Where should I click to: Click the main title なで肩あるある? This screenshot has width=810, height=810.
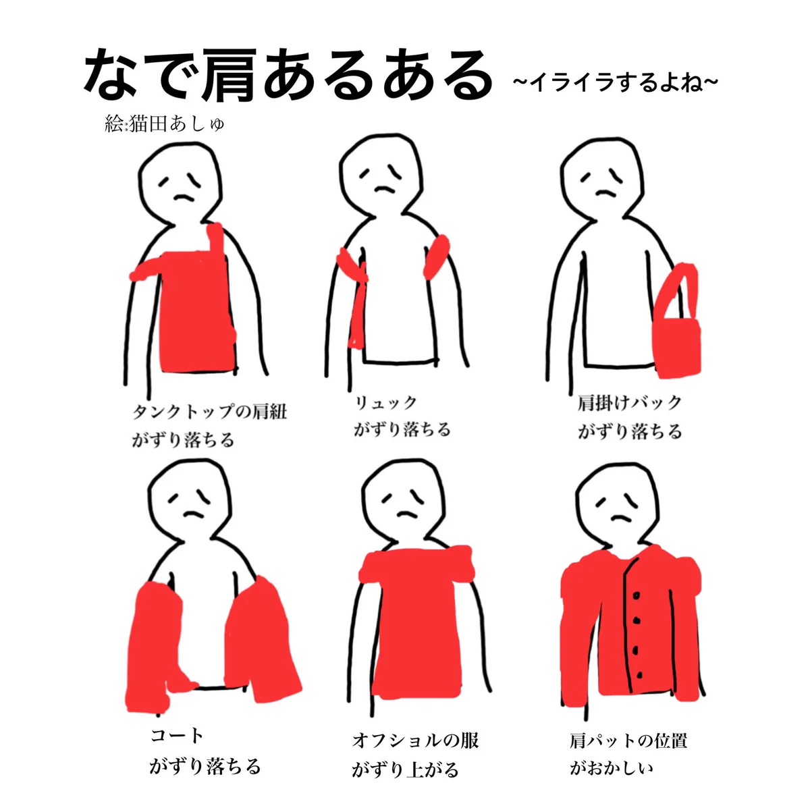pyautogui.click(x=287, y=76)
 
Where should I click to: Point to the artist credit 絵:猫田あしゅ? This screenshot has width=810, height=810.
pyautogui.click(x=164, y=125)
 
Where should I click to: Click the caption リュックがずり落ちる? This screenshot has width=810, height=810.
pyautogui.click(x=402, y=416)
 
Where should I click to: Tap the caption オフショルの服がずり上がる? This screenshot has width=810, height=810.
pyautogui.click(x=414, y=754)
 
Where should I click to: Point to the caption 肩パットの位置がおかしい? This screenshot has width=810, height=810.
pyautogui.click(x=628, y=754)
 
